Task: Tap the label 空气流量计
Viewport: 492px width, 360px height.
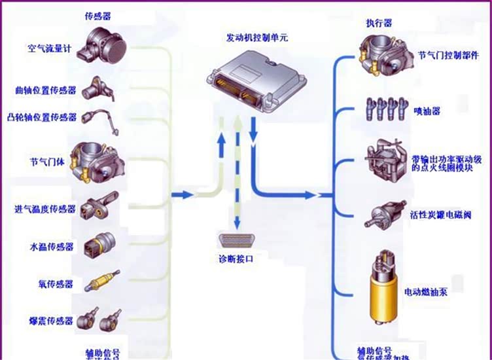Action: pos(50,48)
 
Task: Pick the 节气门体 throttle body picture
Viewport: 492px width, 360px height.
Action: pos(101,161)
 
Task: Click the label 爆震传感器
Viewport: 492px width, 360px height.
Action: pos(51,321)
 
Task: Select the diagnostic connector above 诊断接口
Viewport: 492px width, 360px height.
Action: pos(236,240)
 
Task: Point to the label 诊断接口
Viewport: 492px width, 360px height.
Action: pos(236,259)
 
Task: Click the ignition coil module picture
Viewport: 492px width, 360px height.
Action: pos(385,162)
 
